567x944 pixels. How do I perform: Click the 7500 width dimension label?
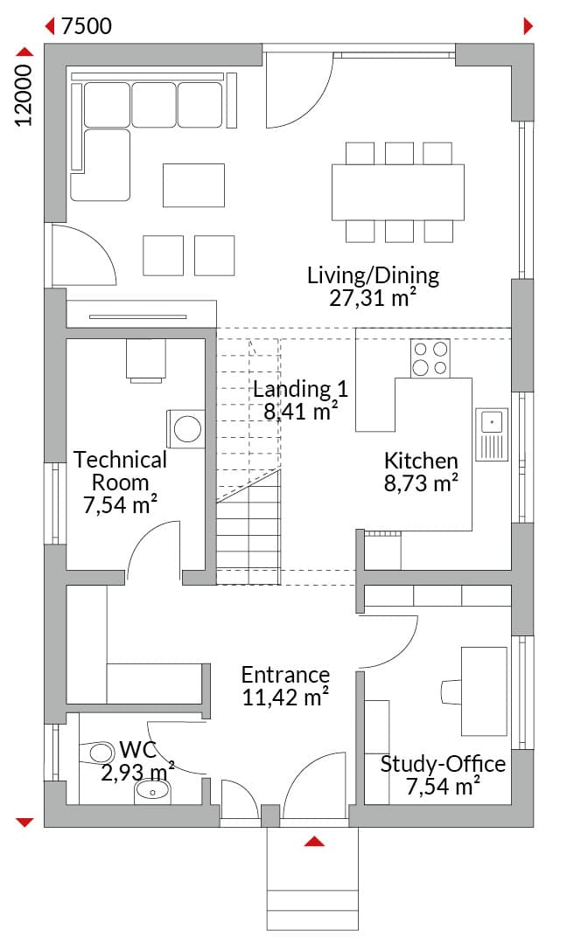(x=86, y=26)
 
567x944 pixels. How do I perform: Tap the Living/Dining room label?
(x=373, y=275)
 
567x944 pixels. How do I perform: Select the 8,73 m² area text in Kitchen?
(x=421, y=482)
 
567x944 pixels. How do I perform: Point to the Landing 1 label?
(x=300, y=389)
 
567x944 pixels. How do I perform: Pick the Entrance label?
(x=285, y=674)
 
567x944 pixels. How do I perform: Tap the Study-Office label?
(x=443, y=764)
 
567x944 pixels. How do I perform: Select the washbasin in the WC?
(x=152, y=791)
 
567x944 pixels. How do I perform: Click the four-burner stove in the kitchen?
(x=430, y=359)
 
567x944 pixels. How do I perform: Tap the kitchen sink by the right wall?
(x=492, y=434)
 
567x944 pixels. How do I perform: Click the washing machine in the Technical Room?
(x=185, y=428)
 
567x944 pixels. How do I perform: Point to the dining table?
(x=397, y=192)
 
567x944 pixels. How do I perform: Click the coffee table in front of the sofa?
(x=193, y=185)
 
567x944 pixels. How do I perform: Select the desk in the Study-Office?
(x=484, y=691)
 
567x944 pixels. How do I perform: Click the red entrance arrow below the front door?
(x=314, y=841)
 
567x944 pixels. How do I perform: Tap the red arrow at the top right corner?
(x=528, y=26)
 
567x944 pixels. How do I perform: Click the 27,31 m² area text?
(x=373, y=298)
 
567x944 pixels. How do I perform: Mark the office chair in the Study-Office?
(x=451, y=691)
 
